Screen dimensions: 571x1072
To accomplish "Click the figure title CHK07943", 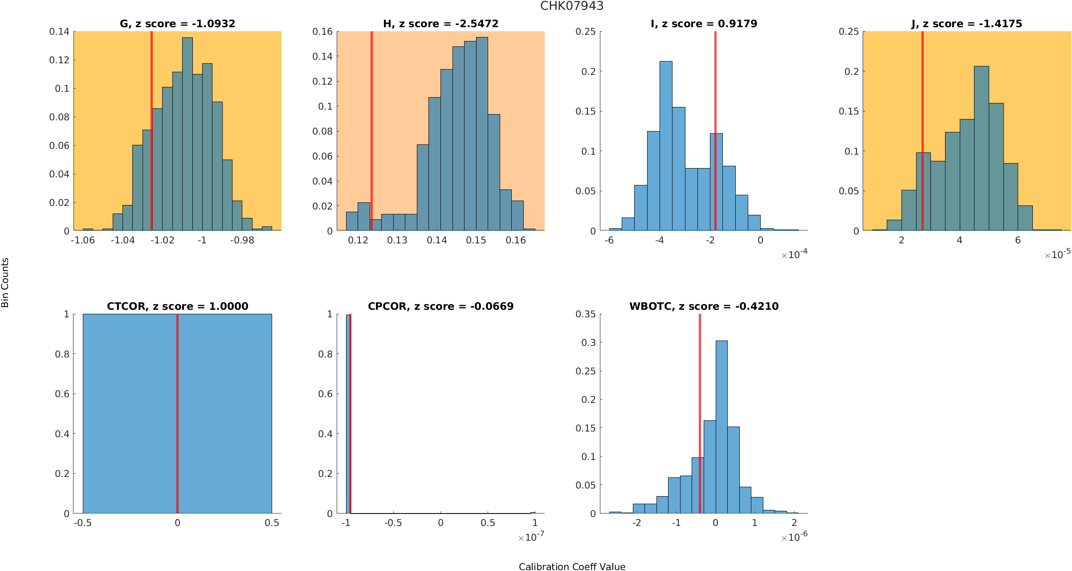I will tap(572, 6).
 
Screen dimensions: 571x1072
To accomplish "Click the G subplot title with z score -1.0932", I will tap(177, 24).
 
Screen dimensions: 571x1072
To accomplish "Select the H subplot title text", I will tap(440, 24).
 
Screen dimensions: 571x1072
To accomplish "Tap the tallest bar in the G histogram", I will tap(187, 134).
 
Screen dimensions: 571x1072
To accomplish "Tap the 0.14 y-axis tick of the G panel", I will tap(59, 32).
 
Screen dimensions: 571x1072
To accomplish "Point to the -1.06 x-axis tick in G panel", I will tap(83, 240).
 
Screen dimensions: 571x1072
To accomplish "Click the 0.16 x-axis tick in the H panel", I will tap(516, 240).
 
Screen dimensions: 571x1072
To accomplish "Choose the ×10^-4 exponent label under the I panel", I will tap(794, 255).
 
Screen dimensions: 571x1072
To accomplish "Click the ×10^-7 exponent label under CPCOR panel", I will tap(531, 537).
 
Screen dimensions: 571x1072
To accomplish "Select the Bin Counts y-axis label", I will tap(5, 283).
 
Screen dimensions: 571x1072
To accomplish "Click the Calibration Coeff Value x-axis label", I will tap(572, 567).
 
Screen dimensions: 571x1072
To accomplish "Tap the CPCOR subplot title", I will tap(440, 306).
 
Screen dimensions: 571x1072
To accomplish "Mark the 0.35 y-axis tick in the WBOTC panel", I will tap(585, 314).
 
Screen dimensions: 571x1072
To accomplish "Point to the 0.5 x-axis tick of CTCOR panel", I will tap(272, 523).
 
